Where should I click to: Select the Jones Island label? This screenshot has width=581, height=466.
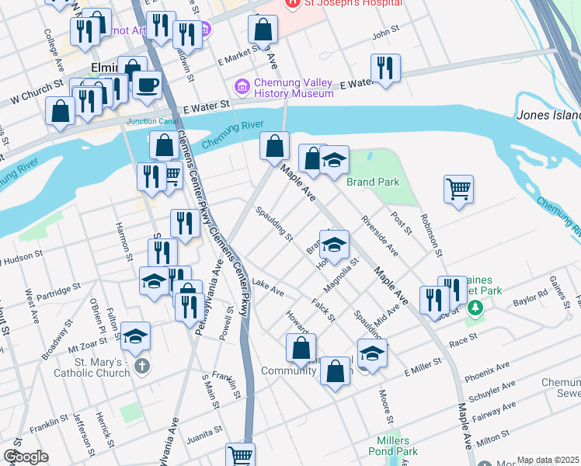pyautogui.click(x=548, y=115)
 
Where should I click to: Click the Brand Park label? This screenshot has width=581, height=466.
pyautogui.click(x=372, y=182)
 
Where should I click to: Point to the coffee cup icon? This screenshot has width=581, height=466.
pyautogui.click(x=146, y=85)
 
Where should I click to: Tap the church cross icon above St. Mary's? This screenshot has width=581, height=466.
pyautogui.click(x=141, y=364)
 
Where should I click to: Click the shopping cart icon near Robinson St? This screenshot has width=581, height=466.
pyautogui.click(x=458, y=188)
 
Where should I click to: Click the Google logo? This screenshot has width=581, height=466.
pyautogui.click(x=26, y=457)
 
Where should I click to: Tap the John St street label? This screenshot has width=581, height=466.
pyautogui.click(x=384, y=34)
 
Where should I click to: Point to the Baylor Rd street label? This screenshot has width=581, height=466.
pyautogui.click(x=531, y=297)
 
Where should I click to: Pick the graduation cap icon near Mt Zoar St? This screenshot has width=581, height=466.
pyautogui.click(x=135, y=336)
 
